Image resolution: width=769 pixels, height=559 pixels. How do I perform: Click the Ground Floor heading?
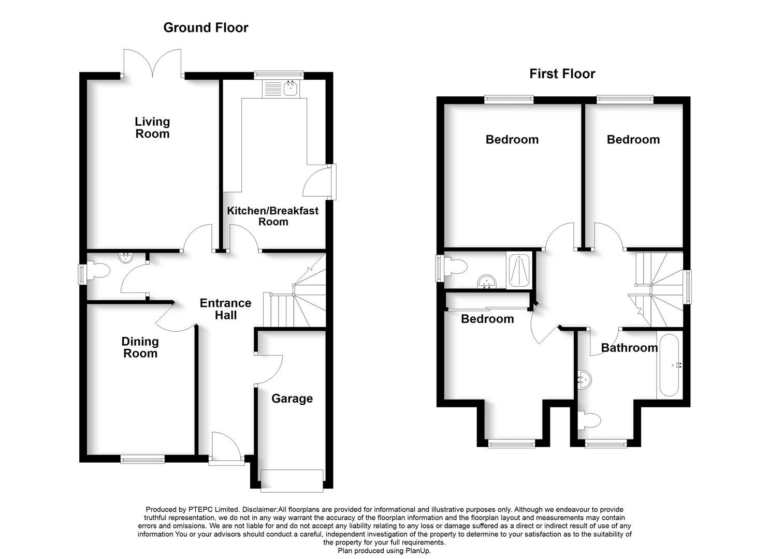[206, 28]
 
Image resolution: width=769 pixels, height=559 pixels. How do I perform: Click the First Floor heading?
[562, 74]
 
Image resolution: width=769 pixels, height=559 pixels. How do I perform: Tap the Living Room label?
[152, 128]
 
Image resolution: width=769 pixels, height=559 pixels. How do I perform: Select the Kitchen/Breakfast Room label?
[273, 216]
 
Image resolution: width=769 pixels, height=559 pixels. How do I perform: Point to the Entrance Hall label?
[225, 309]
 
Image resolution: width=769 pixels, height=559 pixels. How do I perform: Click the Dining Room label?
[140, 347]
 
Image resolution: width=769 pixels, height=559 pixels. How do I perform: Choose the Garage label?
[292, 399]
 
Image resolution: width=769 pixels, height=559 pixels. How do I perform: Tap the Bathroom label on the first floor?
[629, 348]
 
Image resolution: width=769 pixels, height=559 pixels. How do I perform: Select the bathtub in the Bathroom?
[671, 365]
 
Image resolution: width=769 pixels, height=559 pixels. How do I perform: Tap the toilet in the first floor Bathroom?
[589, 420]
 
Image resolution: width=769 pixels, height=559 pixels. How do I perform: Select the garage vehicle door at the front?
[292, 480]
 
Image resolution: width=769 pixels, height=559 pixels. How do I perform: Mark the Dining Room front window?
[142, 459]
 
